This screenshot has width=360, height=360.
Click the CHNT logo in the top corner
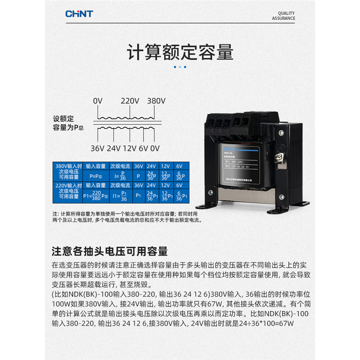coord(79,14)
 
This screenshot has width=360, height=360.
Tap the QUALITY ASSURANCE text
coord(283,16)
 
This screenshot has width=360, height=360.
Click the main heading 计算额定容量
coord(180,52)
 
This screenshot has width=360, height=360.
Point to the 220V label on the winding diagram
coord(130,101)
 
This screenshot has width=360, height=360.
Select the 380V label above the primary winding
coord(156,101)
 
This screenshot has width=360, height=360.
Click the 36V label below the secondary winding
coord(98,148)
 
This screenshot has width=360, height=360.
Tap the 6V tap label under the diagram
coord(144,148)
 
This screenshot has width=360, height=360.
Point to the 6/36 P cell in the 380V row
coord(179,176)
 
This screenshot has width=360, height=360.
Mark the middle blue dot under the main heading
coord(180,67)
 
